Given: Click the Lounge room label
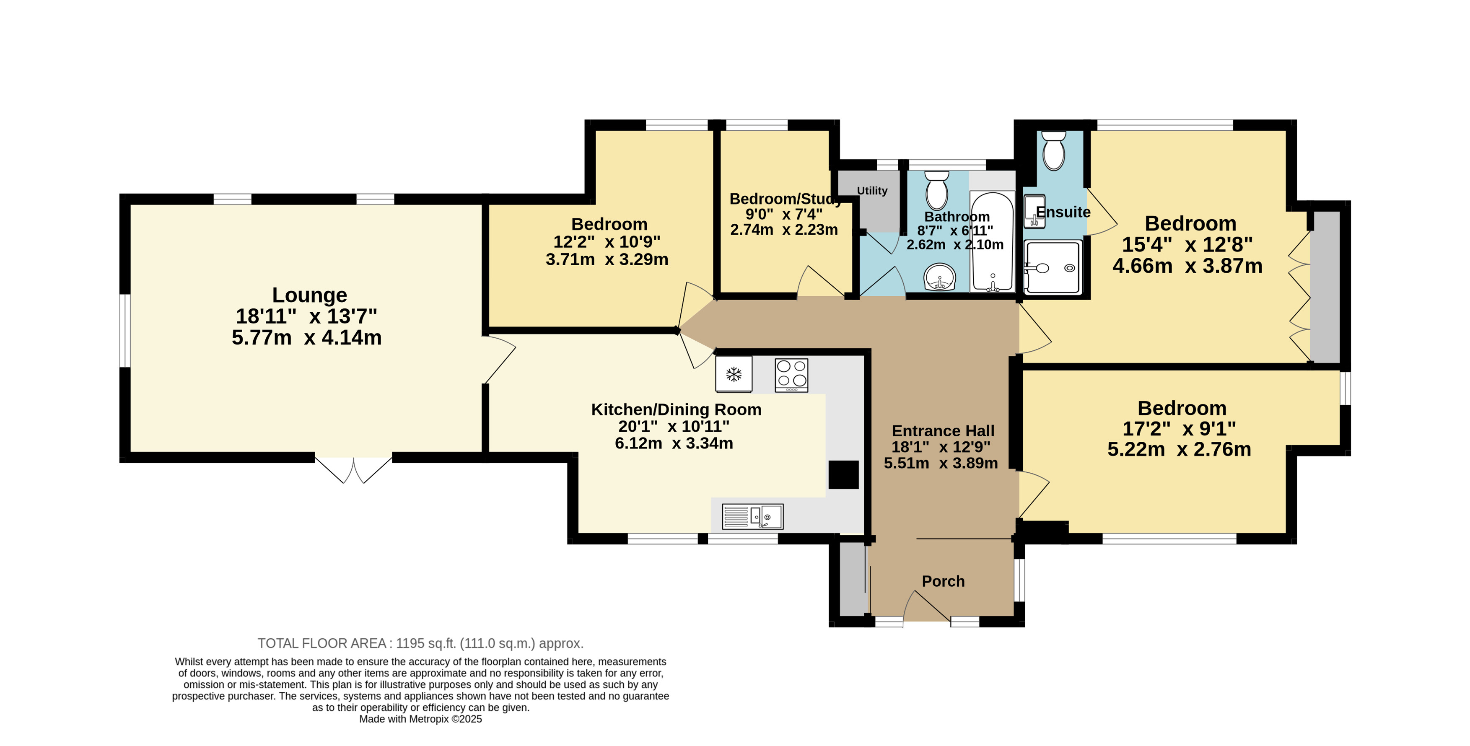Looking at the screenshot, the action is (309, 295).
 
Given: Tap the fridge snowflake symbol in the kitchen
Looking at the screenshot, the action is (734, 374).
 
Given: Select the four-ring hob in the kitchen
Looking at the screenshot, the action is (791, 375).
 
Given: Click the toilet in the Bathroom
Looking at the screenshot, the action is (936, 191).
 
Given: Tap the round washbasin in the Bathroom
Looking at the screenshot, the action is (939, 277).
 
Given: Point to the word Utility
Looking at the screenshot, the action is (872, 191).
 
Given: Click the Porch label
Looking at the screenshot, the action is (943, 581).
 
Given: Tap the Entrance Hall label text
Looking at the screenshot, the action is (943, 430).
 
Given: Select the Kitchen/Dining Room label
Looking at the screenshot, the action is (676, 409).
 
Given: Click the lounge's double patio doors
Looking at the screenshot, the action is (353, 469).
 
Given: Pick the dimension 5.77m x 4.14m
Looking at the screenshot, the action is (306, 337).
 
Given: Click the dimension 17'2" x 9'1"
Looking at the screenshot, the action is (1179, 428).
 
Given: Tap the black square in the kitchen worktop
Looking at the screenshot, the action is (843, 475).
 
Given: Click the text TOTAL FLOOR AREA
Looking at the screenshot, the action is (322, 643).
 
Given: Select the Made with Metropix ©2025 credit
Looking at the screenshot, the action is (420, 719).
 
